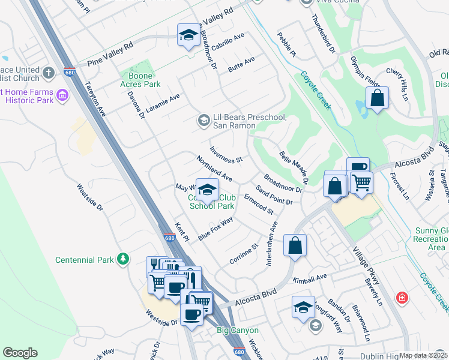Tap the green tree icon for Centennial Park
[123, 259]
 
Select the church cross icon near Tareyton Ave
[49, 73]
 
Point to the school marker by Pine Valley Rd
[188, 35]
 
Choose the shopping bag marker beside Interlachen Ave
[295, 245]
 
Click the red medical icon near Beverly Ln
[401, 297]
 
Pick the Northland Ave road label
[214, 169]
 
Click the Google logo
[20, 353]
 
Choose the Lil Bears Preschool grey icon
[204, 121]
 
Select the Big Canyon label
[238, 331]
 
